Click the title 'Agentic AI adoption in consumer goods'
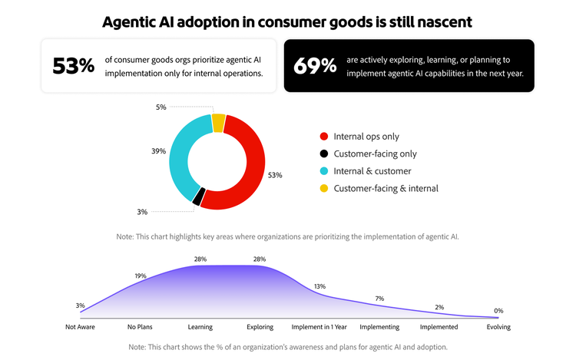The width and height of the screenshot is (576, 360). pos(287,21)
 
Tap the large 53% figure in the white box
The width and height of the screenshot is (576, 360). pos(73,66)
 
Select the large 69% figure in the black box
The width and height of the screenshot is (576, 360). pos(315,66)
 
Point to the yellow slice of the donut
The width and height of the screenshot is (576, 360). pos(219,121)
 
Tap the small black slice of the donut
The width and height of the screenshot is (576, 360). pos(198,197)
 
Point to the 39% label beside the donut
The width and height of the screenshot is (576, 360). pos(159,151)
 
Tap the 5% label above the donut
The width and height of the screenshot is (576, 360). pos(161,107)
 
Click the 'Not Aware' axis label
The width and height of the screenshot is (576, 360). pos(81,326)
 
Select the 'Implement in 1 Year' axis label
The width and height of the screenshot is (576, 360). pos(319,326)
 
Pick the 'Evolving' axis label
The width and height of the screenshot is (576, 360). pos(499,326)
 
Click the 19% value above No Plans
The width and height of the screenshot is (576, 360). pos(141,276)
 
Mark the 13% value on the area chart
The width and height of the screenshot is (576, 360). pos(319,286)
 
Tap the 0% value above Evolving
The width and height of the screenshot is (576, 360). pos(498,311)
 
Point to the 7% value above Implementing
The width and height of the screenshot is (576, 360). pos(379,298)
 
